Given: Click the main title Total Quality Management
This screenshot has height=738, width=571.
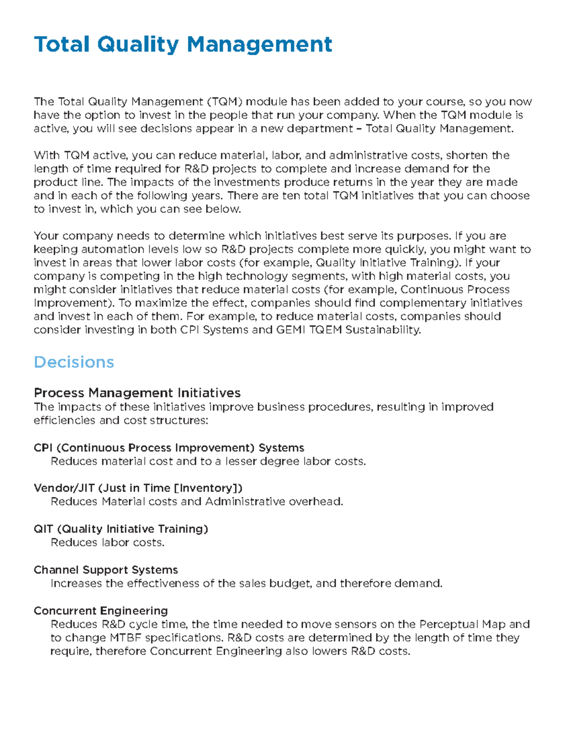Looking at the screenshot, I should click(183, 45).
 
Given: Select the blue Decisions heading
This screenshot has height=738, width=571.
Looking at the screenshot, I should click(74, 362).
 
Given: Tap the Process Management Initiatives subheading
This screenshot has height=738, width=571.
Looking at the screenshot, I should click(137, 393).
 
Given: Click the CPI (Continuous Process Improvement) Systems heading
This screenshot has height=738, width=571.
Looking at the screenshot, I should click(169, 448).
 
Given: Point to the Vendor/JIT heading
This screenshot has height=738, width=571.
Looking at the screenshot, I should click(138, 488).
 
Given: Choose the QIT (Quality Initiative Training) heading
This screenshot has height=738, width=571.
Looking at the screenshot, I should click(121, 529).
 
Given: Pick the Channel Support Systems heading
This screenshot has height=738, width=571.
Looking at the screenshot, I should click(106, 570).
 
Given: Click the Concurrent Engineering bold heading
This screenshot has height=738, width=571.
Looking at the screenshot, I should click(100, 611).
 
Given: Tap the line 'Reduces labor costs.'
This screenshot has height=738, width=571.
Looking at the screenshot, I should click(108, 543).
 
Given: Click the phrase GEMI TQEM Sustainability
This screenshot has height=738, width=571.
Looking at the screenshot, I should click(348, 330).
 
